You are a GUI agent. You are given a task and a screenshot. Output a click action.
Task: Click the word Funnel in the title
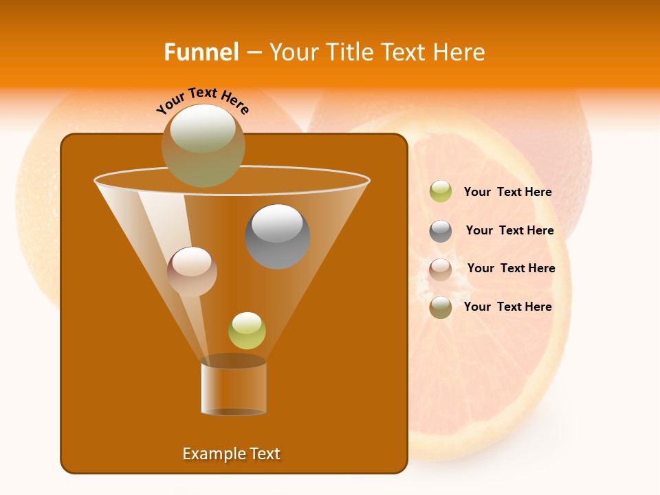tap(201, 52)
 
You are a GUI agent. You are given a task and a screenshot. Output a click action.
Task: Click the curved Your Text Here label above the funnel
tap(203, 100)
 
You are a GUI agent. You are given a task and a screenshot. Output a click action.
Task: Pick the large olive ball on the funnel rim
tap(203, 145)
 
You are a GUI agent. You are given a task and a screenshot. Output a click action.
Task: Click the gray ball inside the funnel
tap(277, 236)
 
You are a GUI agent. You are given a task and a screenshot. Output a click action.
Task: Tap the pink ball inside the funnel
tap(192, 272)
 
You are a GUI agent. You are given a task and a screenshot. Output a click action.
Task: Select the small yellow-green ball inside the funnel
tap(247, 331)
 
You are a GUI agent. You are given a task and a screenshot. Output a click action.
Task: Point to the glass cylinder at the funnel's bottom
tap(233, 387)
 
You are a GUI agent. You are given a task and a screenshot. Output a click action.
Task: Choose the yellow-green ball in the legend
tap(441, 192)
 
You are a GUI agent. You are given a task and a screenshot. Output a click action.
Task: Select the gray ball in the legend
tap(441, 231)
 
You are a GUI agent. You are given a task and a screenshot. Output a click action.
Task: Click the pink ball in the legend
tap(441, 269)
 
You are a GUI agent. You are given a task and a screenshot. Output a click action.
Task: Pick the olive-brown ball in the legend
tap(441, 307)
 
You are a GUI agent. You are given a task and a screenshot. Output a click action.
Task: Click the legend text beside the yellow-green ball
tap(507, 192)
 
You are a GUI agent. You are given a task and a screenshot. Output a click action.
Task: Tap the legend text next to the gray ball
tap(509, 231)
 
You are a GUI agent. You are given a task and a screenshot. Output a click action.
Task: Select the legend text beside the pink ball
tap(511, 269)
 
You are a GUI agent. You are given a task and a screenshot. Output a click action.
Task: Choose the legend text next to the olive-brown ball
tap(507, 307)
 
